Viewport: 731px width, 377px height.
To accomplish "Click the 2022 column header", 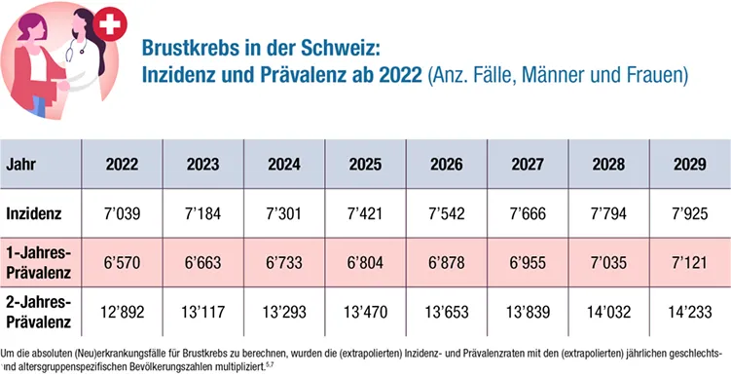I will (122, 163).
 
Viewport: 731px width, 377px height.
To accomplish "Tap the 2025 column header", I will (365, 163).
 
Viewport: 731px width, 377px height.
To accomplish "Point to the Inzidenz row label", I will (34, 212).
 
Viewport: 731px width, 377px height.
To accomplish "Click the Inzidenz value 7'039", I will (122, 212).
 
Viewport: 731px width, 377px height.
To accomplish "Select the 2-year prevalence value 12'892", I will (122, 314).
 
